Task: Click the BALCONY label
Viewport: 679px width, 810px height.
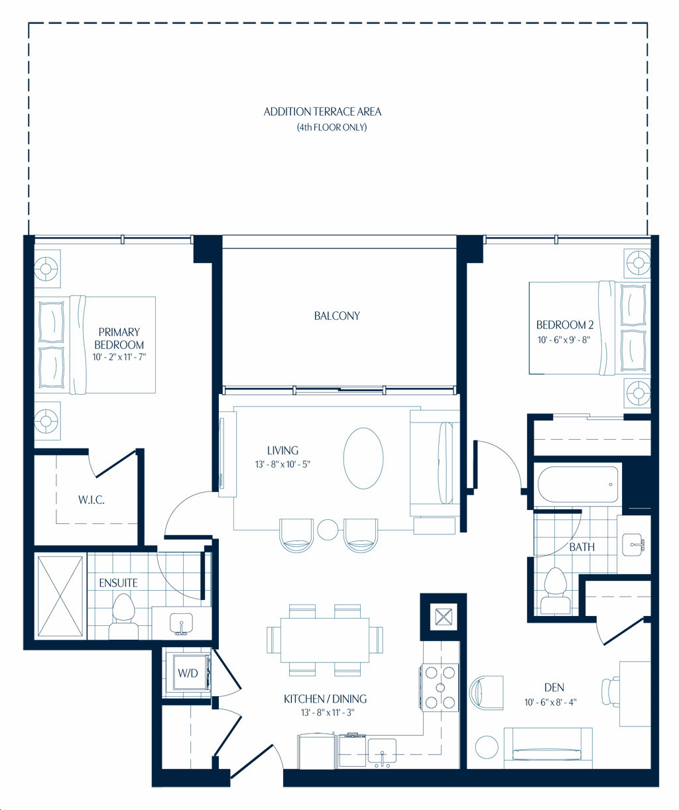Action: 337,316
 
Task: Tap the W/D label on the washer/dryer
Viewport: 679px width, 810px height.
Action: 188,673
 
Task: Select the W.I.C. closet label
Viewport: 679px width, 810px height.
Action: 92,499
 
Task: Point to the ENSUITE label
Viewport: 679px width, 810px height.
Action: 118,583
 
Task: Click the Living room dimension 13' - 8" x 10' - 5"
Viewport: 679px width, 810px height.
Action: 282,464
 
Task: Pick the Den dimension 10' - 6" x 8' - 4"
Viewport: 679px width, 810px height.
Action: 550,702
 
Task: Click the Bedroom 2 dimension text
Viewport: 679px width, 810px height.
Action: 564,340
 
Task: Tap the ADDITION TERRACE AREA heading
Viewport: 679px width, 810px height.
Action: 322,112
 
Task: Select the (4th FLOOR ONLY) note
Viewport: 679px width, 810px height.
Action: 332,127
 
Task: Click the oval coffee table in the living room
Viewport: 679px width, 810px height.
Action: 363,458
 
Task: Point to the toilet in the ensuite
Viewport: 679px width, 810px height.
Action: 123,617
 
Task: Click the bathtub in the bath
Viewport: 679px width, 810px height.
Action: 578,484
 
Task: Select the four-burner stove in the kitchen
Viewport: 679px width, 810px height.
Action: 440,687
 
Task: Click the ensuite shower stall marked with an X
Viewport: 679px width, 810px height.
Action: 60,596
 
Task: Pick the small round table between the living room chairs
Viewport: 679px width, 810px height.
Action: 328,530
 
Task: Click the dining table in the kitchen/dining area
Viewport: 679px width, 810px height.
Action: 325,640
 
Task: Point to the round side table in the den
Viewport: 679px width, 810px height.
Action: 487,747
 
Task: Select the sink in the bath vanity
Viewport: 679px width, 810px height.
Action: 633,544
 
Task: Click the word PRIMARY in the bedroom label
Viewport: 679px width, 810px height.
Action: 119,332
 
